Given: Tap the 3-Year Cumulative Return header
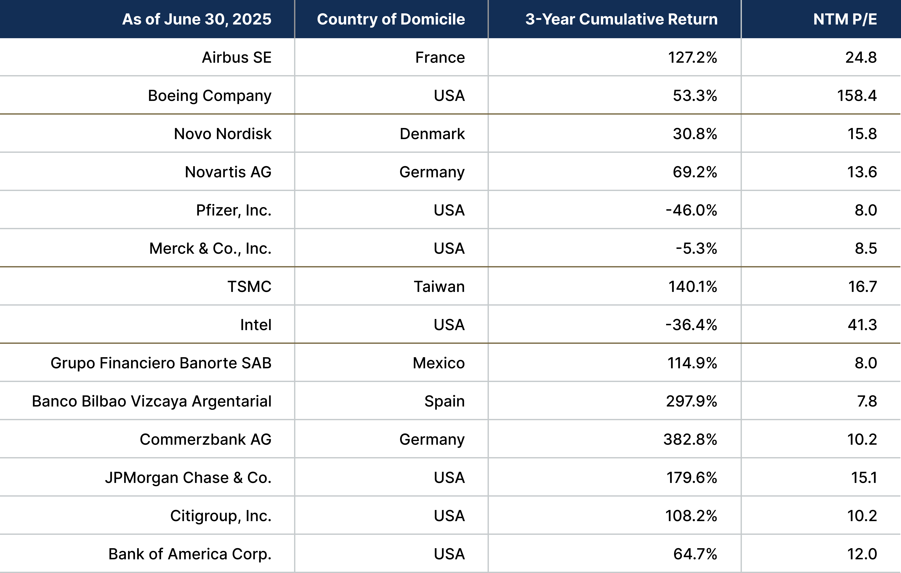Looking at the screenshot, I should [621, 19].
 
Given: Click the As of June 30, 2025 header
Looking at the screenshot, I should [197, 19].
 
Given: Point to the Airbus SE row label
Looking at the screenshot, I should [236, 58].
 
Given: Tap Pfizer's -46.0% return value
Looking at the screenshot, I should [691, 210].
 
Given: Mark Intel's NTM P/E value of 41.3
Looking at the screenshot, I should [862, 325].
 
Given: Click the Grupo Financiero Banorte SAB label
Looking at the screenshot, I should [161, 363].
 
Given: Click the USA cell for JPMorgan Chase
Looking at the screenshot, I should [449, 478].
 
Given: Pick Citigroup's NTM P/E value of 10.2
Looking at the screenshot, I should [862, 516].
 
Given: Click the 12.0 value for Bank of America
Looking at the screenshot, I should [862, 554].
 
